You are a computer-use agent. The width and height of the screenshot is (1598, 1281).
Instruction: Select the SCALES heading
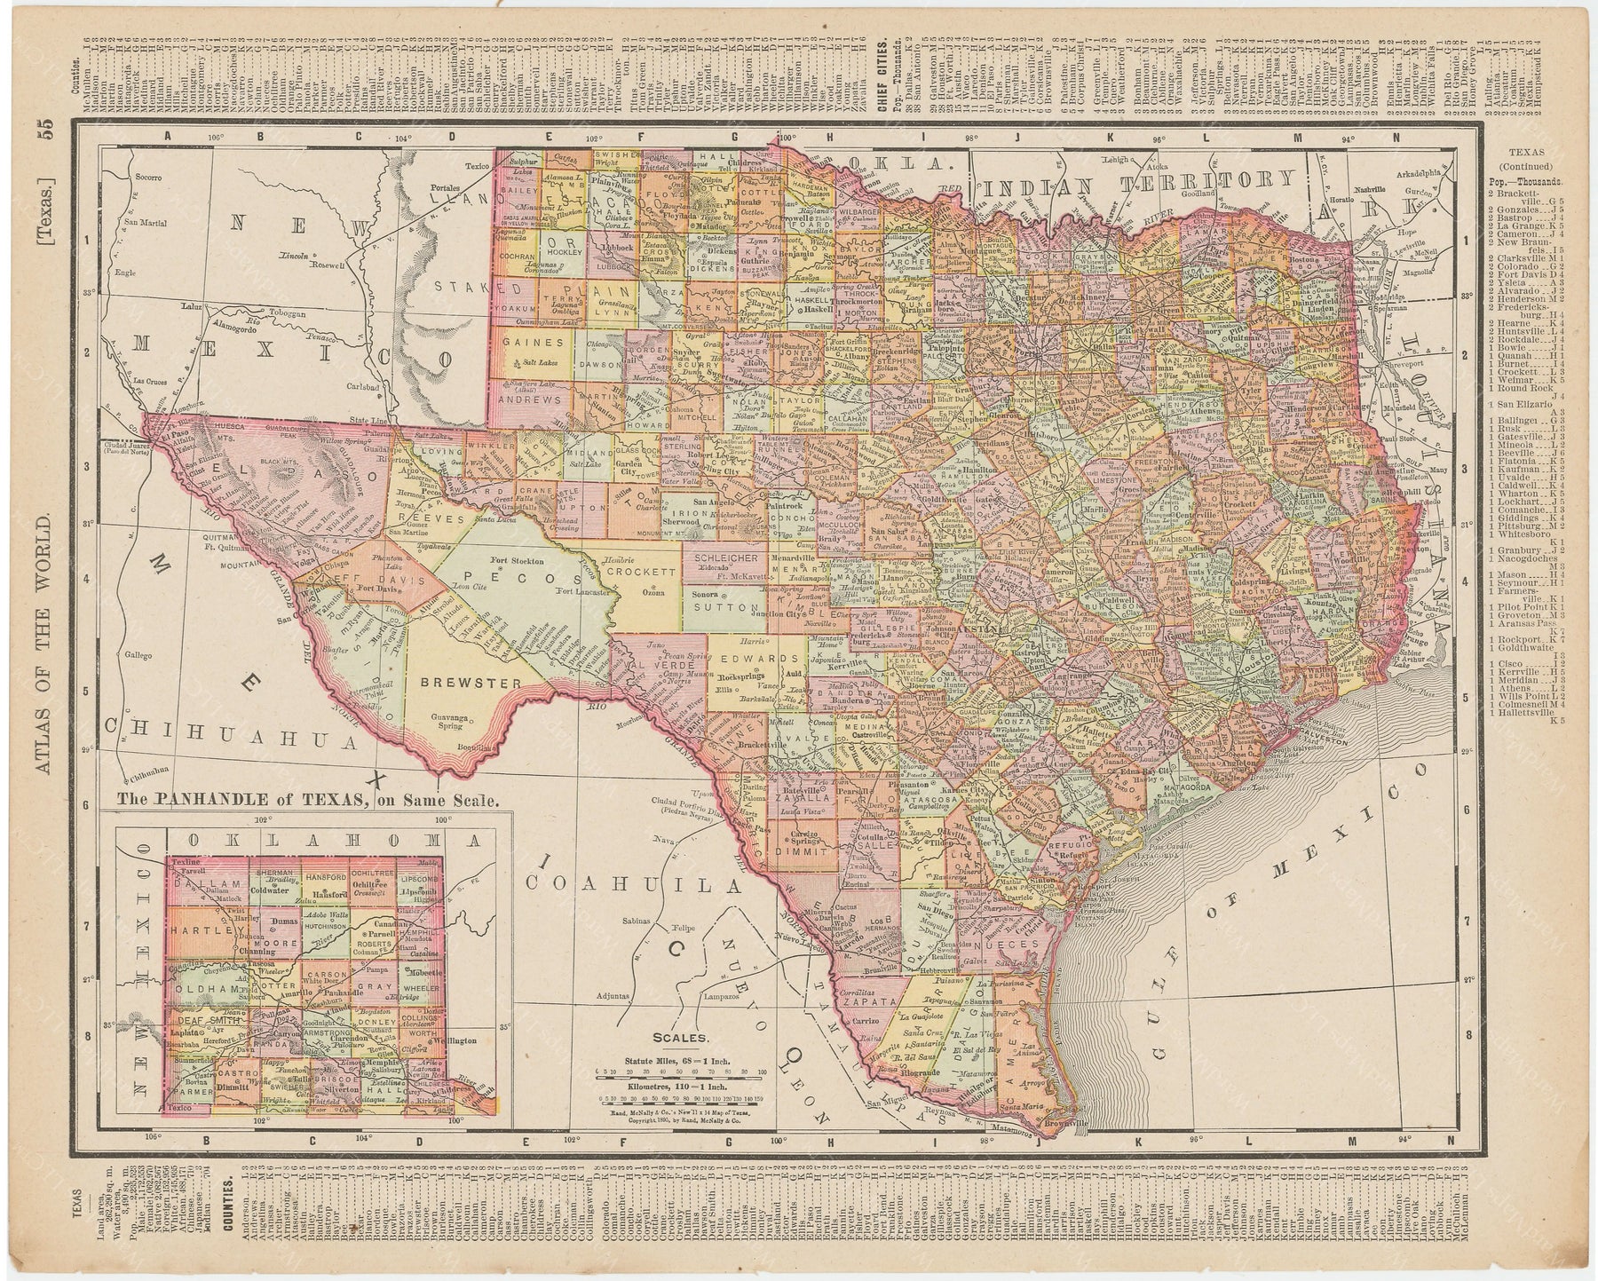click(678, 1036)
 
